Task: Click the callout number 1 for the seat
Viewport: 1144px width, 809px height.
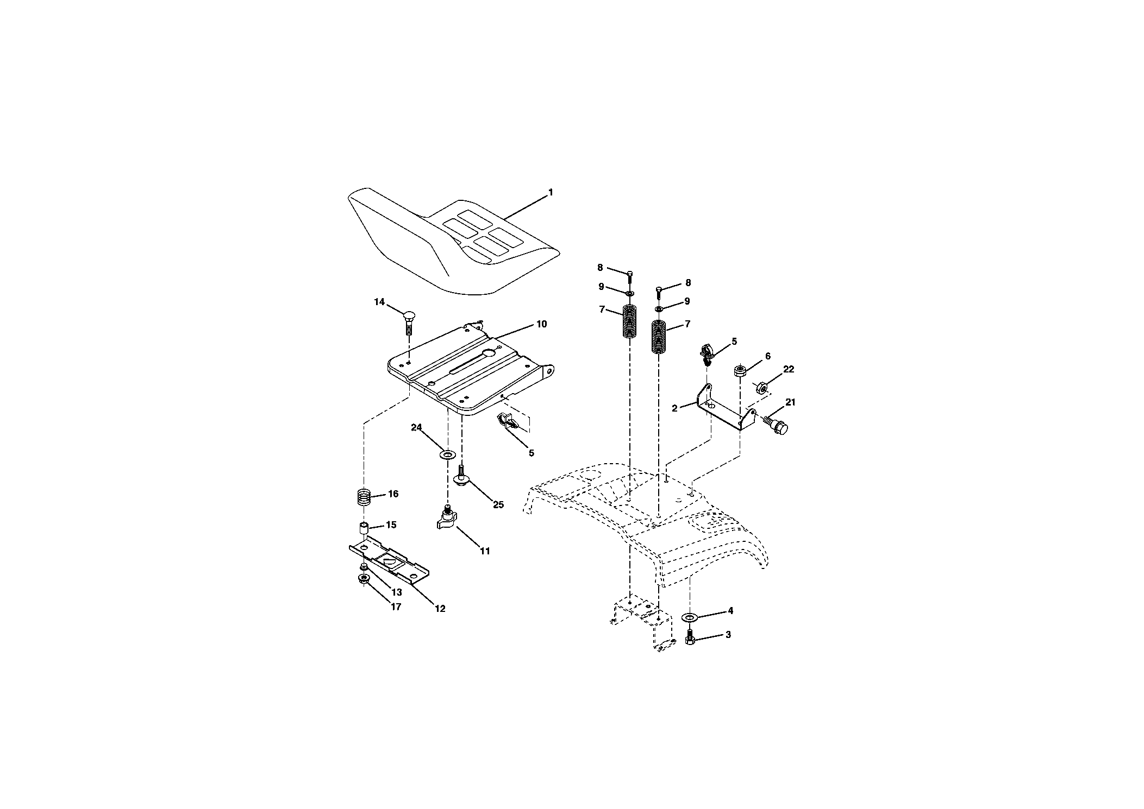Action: [x=551, y=192]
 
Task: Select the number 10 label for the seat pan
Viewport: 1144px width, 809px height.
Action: [x=542, y=324]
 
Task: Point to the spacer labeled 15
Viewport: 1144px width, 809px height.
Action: [x=363, y=528]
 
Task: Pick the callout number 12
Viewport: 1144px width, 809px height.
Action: [x=440, y=609]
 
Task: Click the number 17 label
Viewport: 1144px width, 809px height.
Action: [x=396, y=606]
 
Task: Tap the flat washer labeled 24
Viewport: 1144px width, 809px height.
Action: [x=448, y=453]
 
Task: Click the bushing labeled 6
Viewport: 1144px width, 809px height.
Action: [x=740, y=371]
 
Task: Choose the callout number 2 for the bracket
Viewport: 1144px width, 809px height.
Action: [x=674, y=408]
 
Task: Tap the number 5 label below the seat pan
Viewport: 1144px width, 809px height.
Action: [x=531, y=453]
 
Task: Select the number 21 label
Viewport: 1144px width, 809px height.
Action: [x=790, y=402]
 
